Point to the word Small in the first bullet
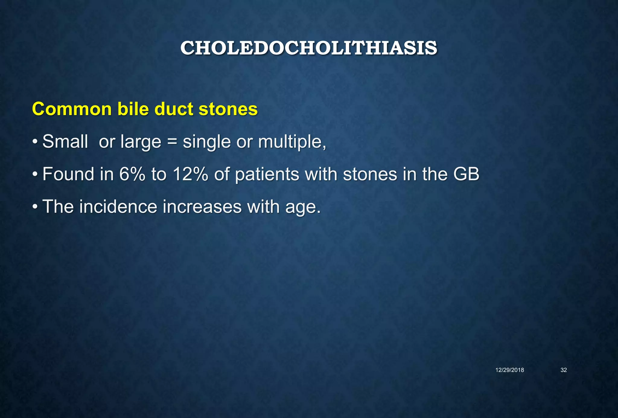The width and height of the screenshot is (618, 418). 65,141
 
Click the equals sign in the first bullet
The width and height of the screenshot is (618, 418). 172,142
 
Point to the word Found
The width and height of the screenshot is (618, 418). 68,174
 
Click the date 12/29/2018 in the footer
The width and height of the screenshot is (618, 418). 510,370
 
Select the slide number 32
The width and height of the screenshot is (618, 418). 563,370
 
